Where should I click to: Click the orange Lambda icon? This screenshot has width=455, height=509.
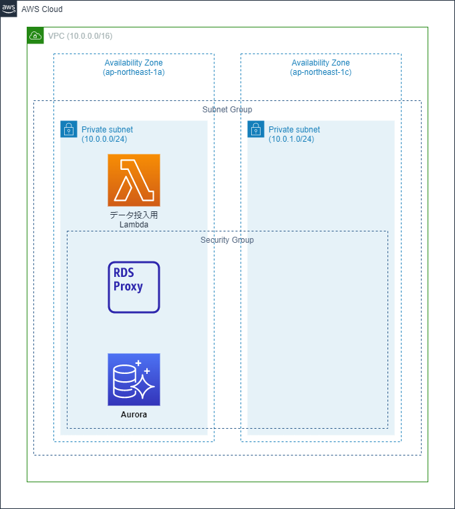click(134, 180)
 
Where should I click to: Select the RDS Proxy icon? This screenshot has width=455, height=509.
click(134, 287)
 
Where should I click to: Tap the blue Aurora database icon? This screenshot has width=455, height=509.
click(134, 379)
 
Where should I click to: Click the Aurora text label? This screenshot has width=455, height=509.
click(134, 415)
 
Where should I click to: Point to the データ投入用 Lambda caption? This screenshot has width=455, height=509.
click(134, 220)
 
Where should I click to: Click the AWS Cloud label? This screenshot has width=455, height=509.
click(42, 9)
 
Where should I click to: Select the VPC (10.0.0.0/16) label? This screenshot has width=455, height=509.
click(75, 35)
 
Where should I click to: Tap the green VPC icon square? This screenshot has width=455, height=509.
click(35, 35)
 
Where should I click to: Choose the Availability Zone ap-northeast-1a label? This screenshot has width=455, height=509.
click(134, 67)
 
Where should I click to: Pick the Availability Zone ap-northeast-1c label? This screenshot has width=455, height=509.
click(321, 67)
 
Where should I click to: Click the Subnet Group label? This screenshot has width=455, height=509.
click(227, 109)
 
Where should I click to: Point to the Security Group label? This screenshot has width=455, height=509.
click(227, 239)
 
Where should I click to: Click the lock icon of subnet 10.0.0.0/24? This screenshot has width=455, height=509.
click(68, 129)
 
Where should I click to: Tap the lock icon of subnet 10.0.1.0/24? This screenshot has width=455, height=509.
click(255, 129)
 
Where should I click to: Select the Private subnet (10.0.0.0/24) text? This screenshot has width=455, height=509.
click(107, 134)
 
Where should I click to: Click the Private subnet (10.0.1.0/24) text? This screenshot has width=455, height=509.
click(294, 134)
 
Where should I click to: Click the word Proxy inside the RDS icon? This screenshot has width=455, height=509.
click(128, 287)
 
